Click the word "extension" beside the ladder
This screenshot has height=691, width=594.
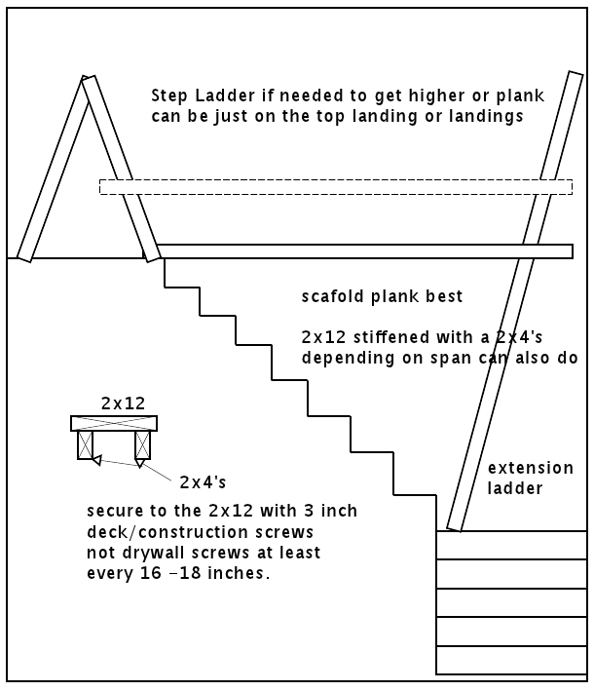click(x=530, y=468)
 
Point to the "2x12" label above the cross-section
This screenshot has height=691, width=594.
click(x=123, y=403)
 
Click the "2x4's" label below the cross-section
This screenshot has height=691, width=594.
click(x=203, y=482)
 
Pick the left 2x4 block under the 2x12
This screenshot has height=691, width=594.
click(x=86, y=445)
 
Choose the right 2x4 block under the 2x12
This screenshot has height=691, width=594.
click(x=142, y=445)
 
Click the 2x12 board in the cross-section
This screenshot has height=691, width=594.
click(x=114, y=424)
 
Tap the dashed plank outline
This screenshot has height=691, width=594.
click(x=336, y=187)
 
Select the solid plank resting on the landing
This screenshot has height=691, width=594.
click(x=364, y=251)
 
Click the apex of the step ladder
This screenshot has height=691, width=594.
click(x=88, y=78)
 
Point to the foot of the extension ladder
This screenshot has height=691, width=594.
click(x=454, y=528)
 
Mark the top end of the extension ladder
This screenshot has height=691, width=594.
click(x=575, y=74)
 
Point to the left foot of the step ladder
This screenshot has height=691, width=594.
click(x=24, y=257)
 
